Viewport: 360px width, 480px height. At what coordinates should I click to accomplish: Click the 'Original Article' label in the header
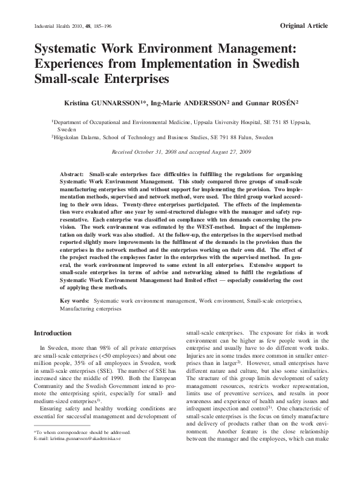click(304, 25)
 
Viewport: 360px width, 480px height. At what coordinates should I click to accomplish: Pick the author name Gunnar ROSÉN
click(271, 104)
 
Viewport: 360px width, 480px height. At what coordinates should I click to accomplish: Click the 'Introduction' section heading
click(53, 333)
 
